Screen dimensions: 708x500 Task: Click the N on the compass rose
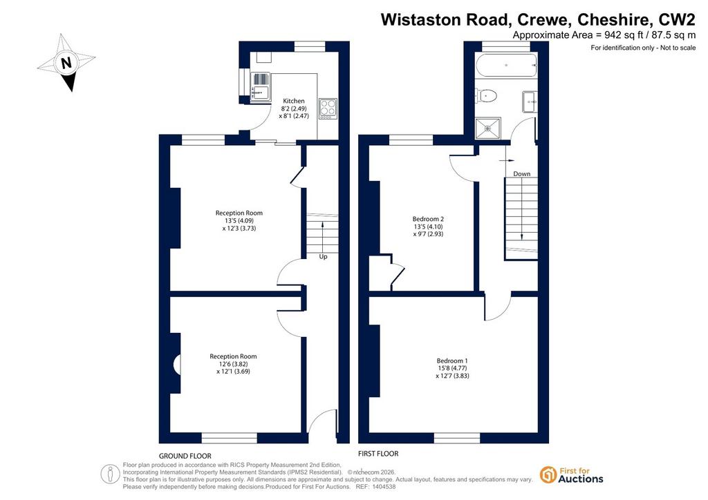[x=66, y=62]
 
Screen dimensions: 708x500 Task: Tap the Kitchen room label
[x=293, y=101]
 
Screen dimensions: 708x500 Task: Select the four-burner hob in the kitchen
[x=328, y=108]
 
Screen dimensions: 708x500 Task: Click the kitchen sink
[x=260, y=86]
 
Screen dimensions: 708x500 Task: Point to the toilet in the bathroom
[x=486, y=95]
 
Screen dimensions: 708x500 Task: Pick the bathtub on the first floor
[x=507, y=66]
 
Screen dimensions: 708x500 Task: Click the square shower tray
[x=488, y=128]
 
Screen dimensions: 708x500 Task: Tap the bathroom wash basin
[x=530, y=102]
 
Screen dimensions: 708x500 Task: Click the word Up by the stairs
[x=324, y=256]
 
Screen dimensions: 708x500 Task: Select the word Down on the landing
[x=521, y=173]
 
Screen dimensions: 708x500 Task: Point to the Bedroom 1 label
[x=452, y=360]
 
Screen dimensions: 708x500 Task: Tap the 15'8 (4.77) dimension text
[x=452, y=368]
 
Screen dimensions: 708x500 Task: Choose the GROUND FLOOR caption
[x=185, y=456]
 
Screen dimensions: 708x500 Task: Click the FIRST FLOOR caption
[x=378, y=454]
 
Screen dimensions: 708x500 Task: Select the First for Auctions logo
[x=572, y=475]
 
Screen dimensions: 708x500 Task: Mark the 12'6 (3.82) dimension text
[x=233, y=364]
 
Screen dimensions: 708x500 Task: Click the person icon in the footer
[x=110, y=474]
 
